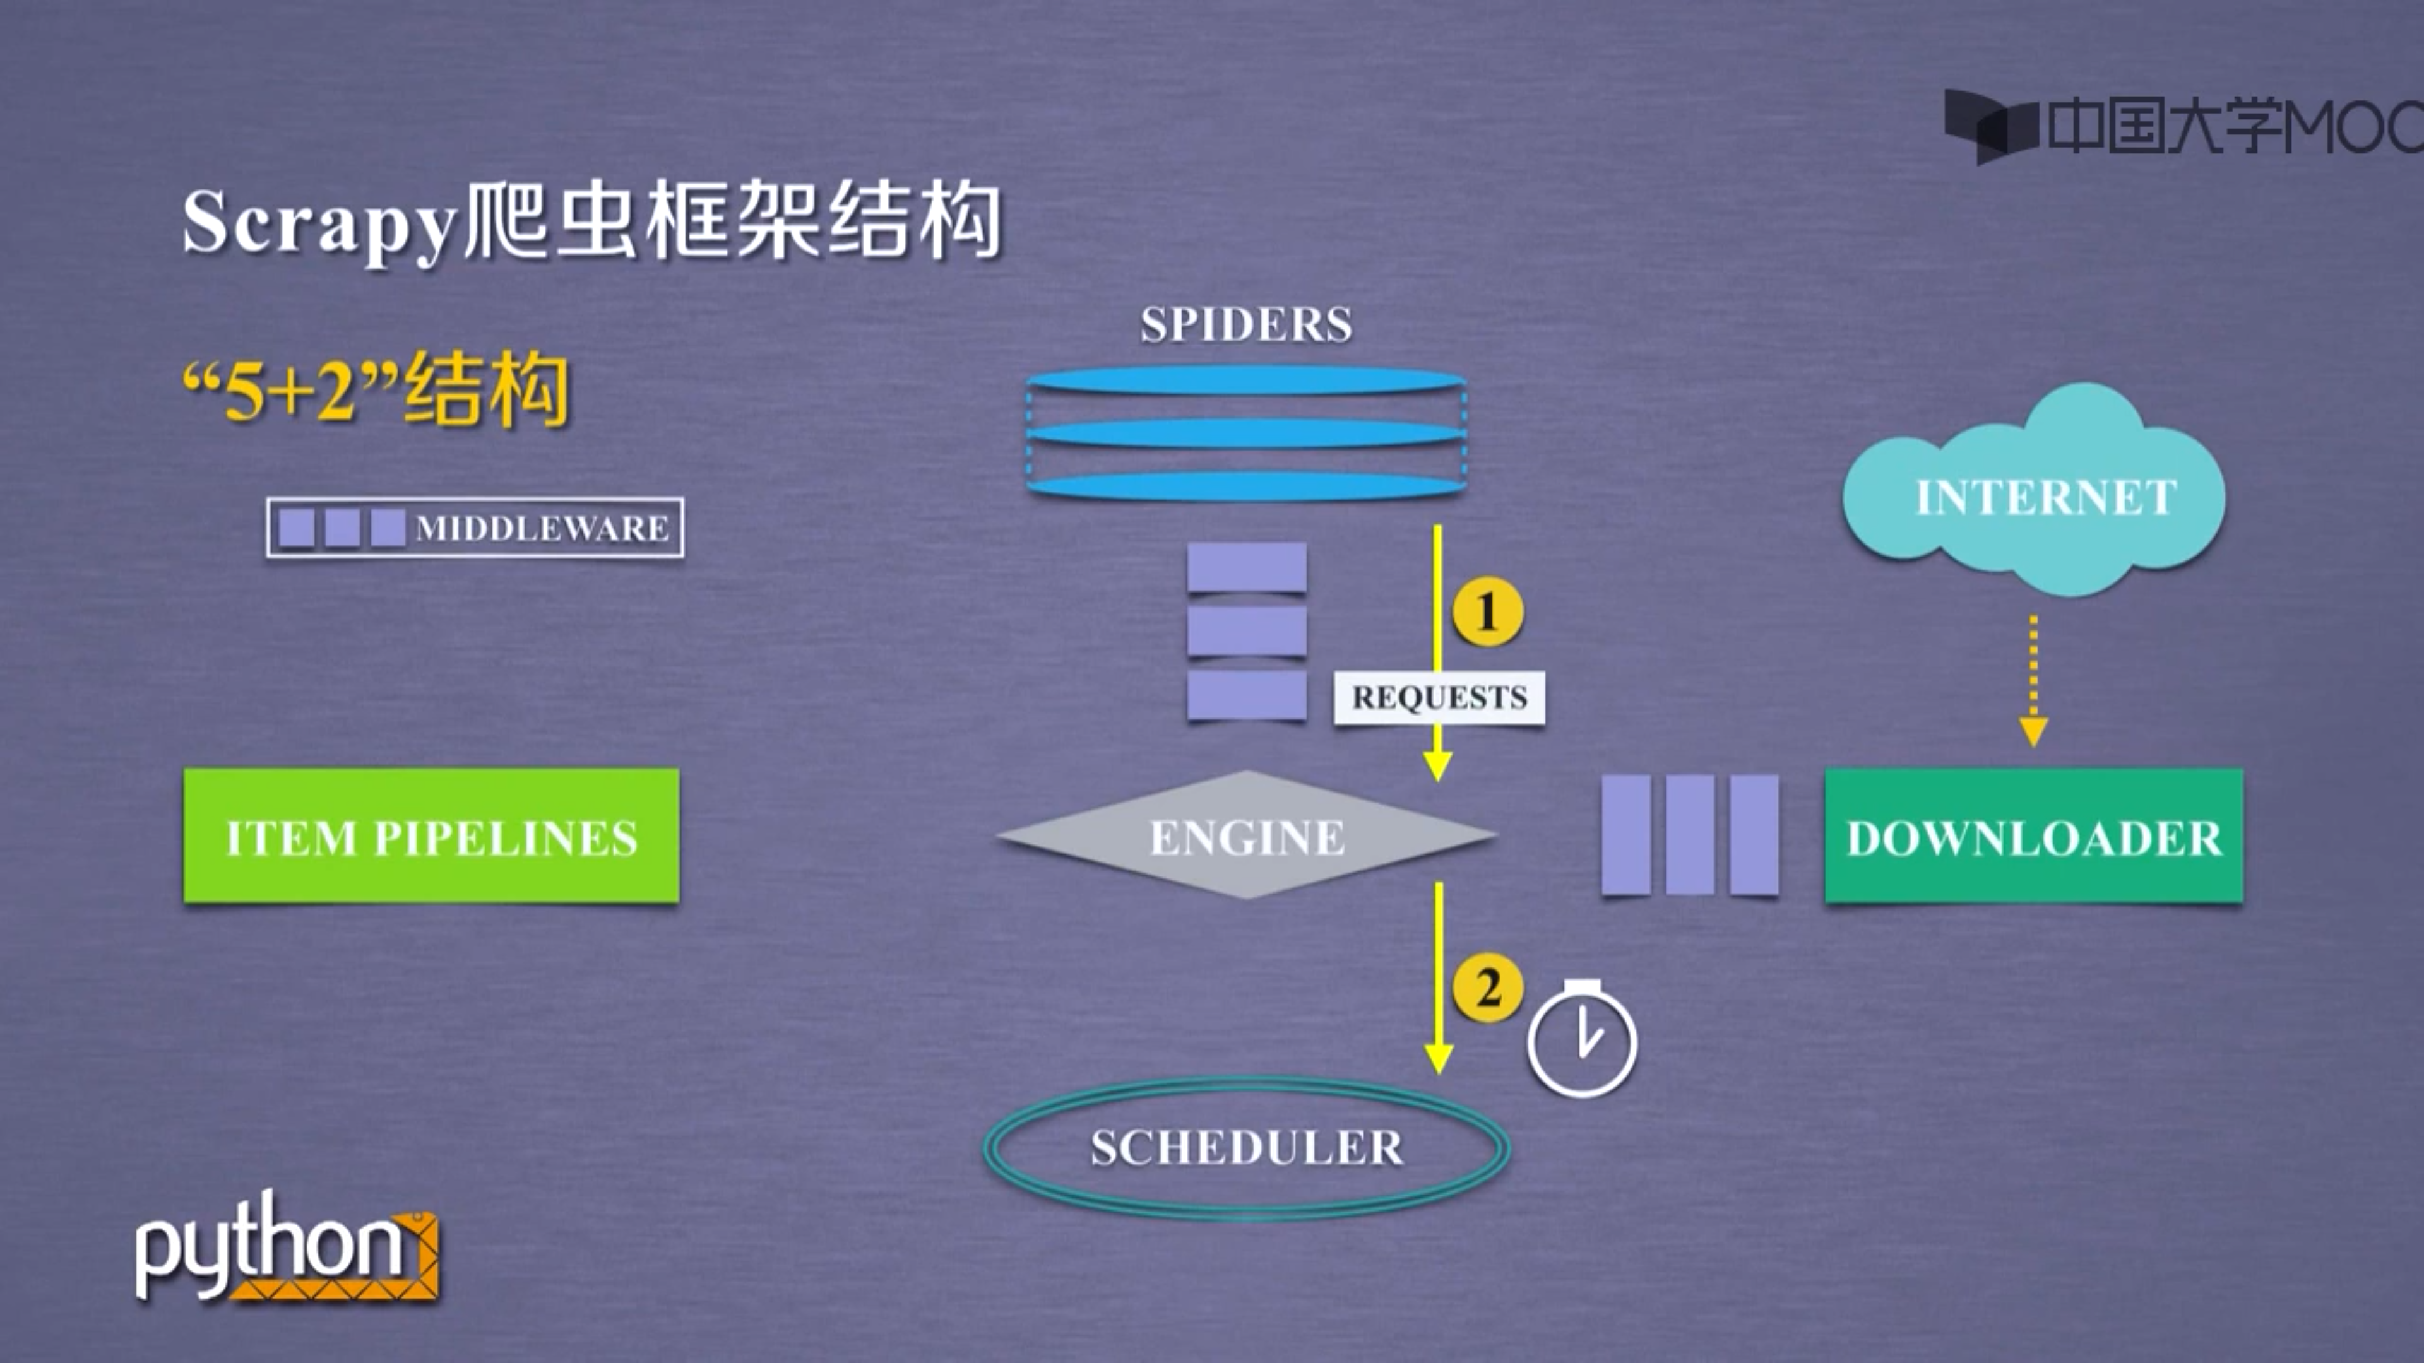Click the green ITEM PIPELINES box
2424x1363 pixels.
point(431,835)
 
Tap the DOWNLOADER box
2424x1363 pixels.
point(2033,835)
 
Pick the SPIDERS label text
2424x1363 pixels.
point(1246,324)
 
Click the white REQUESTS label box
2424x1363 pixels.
point(1439,697)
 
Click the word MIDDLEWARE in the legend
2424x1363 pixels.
point(542,529)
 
